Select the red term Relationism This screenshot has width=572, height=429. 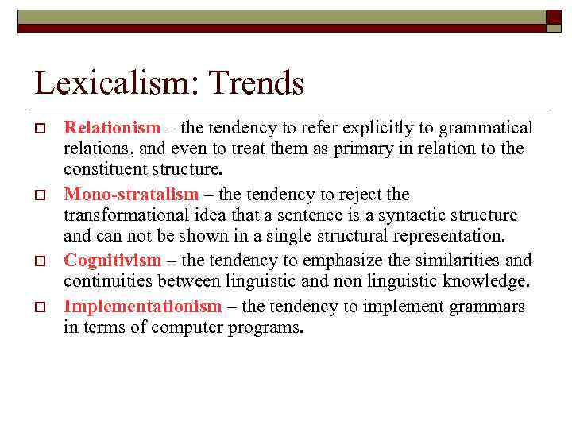tap(112, 128)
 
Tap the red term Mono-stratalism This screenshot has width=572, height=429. tap(131, 195)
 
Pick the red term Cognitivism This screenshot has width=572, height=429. tap(112, 261)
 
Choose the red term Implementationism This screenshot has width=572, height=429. tap(143, 307)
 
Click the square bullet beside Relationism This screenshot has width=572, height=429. tap(38, 129)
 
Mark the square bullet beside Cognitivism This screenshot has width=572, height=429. tap(38, 261)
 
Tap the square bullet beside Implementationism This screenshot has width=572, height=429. tap(38, 307)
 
